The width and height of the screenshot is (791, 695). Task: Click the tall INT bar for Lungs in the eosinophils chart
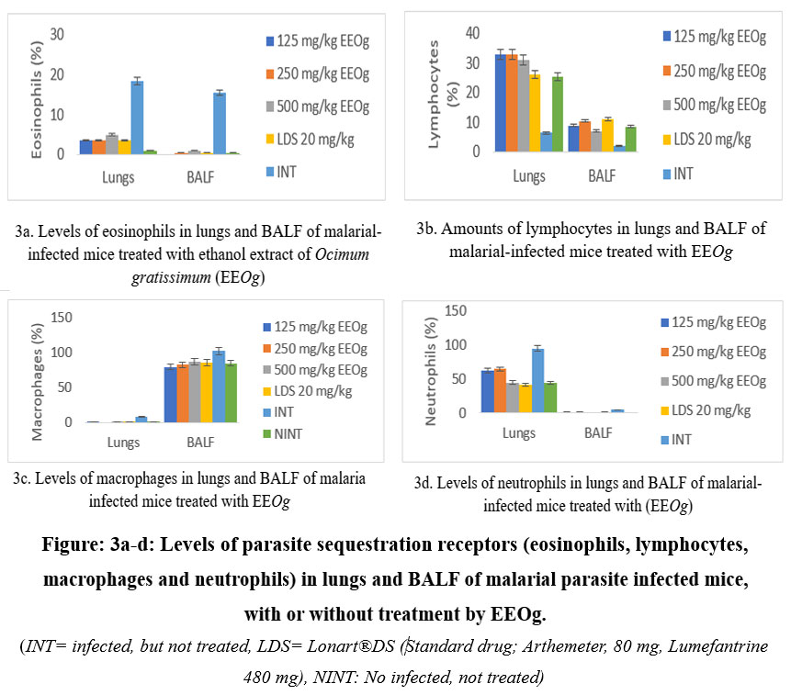pos(137,118)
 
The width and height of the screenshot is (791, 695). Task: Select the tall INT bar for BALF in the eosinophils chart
pos(220,123)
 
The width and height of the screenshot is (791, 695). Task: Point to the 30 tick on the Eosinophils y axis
pos(58,34)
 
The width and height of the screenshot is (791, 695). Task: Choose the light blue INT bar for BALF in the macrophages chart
pos(219,386)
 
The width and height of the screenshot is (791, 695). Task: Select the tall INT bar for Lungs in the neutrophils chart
pos(538,380)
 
